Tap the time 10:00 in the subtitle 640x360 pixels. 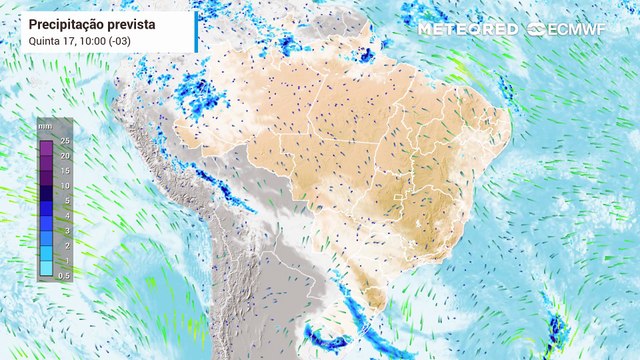pyautogui.click(x=88, y=40)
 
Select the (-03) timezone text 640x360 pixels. pyautogui.click(x=120, y=40)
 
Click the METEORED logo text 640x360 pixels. pyautogui.click(x=468, y=29)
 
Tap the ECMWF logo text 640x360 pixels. pyautogui.click(x=581, y=29)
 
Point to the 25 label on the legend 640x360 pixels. pyautogui.click(x=62, y=140)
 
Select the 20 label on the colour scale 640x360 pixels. pyautogui.click(x=62, y=155)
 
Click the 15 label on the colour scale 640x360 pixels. pyautogui.click(x=62, y=170)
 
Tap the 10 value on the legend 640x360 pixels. pyautogui.click(x=62, y=186)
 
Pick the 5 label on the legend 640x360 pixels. pyautogui.click(x=64, y=200)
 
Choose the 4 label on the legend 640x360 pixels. pyautogui.click(x=64, y=215)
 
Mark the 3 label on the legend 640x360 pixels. pyautogui.click(x=64, y=230)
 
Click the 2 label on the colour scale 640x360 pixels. pyautogui.click(x=64, y=245)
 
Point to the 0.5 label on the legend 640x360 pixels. pyautogui.click(x=62, y=275)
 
